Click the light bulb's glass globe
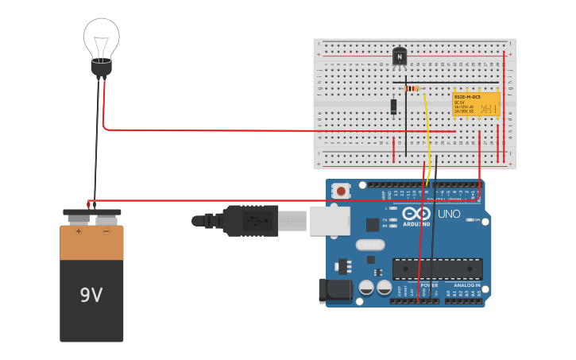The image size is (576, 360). point(102,37)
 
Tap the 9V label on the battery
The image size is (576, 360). point(91,296)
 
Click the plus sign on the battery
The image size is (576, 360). point(79,232)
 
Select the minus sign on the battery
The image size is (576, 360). point(106,232)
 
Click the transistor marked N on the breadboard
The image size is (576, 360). point(400,57)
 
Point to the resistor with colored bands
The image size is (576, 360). point(412,88)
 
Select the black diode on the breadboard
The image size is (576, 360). point(393,106)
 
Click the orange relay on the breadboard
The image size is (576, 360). point(476,103)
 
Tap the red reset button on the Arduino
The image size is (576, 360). point(342,191)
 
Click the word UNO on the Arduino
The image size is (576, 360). point(449,214)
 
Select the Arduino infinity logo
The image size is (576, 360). point(416,214)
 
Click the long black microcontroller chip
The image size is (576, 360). point(437,269)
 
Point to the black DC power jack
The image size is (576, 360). point(334,291)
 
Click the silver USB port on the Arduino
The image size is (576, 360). point(329,221)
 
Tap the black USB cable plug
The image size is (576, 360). point(250,221)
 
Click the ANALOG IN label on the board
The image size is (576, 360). point(466,285)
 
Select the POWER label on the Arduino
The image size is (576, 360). point(429,285)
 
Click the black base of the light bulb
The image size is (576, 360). point(101,68)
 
